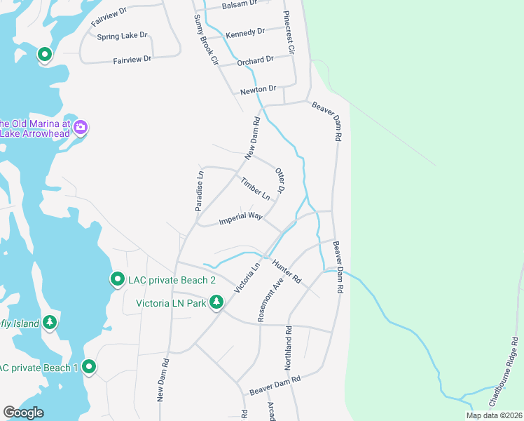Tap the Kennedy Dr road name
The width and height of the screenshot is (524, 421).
tap(245, 32)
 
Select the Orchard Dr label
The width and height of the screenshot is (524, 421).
tap(254, 61)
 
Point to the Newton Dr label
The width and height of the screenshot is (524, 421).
tap(258, 89)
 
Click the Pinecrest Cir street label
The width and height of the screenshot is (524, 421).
tap(289, 32)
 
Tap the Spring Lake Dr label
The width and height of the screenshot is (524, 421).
tap(123, 35)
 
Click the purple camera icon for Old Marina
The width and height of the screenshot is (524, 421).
tap(81, 127)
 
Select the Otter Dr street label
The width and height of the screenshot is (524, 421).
tap(280, 180)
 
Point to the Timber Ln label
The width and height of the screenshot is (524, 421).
tap(255, 187)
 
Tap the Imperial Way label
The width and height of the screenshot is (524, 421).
tap(240, 217)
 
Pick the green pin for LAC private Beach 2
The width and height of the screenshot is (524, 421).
tap(117, 279)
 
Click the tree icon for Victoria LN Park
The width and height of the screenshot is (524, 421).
tap(217, 302)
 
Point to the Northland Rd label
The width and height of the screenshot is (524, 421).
tap(287, 348)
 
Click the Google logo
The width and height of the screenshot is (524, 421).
tap(23, 413)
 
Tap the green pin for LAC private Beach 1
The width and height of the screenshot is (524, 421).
tap(89, 366)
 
